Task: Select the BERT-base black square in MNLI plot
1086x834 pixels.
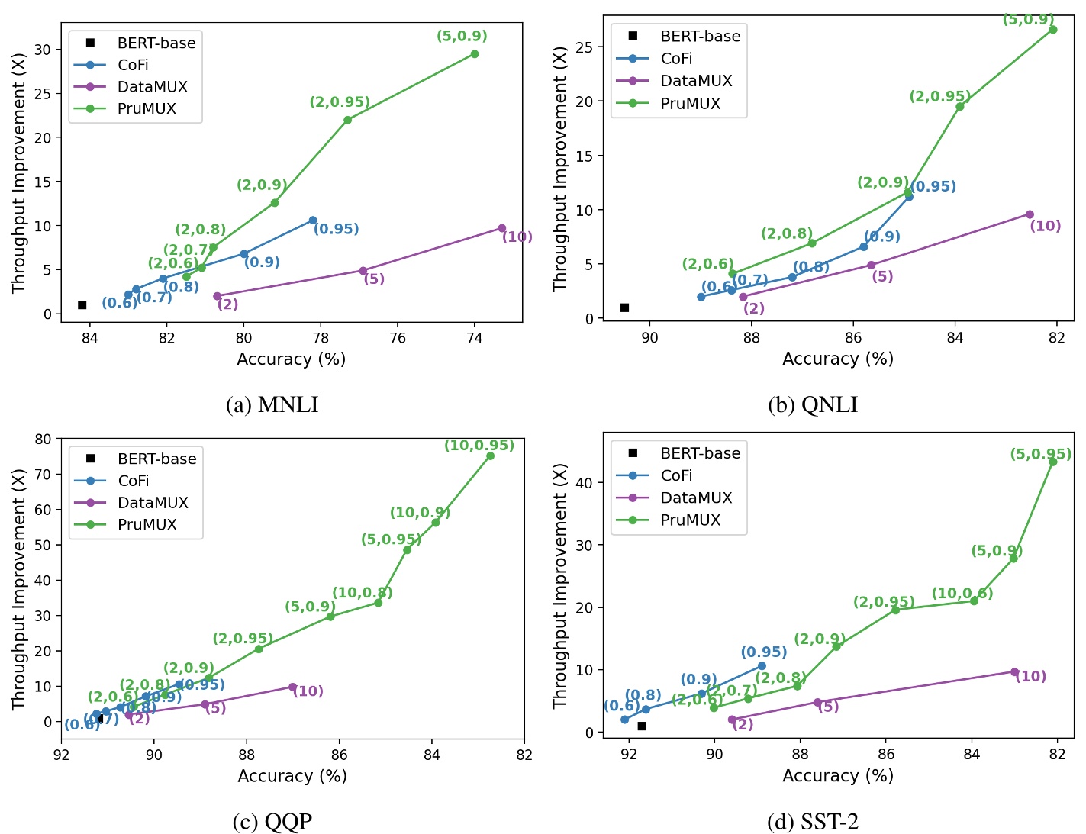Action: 82,304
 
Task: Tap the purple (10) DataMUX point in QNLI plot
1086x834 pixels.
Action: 1030,214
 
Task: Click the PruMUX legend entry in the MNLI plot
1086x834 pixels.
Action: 146,108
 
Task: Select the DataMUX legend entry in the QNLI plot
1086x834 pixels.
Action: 695,81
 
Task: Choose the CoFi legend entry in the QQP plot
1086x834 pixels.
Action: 133,481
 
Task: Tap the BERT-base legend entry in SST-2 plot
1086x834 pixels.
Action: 699,453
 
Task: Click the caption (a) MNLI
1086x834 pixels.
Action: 272,404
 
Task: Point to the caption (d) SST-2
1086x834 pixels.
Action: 812,822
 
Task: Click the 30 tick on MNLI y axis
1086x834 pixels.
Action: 43,50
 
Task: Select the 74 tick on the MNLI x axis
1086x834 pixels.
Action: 474,338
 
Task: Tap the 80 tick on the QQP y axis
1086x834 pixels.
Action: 43,439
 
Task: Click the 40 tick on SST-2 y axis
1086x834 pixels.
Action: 584,482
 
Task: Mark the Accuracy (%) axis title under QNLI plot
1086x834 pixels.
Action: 837,359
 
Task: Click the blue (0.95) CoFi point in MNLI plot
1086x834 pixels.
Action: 313,220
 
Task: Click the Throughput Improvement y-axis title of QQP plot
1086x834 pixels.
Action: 19,589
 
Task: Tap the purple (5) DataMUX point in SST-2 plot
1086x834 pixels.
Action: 817,702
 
